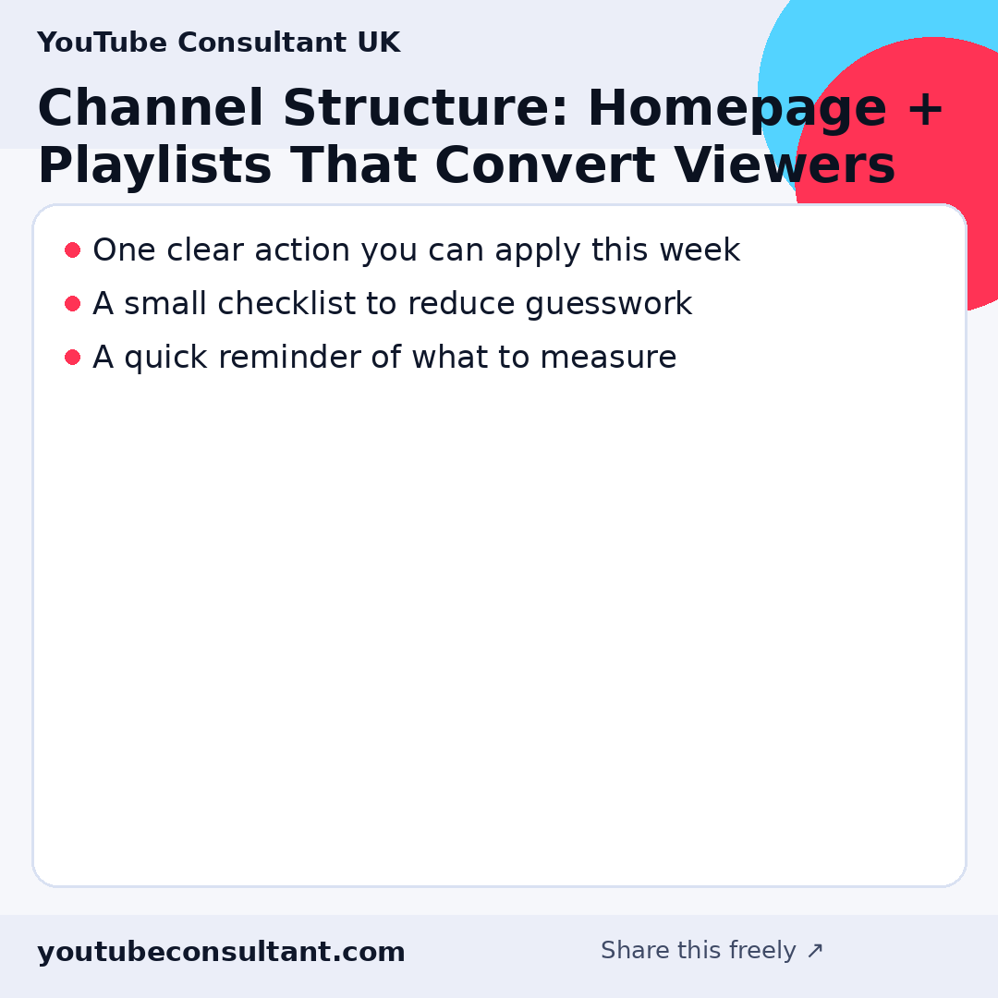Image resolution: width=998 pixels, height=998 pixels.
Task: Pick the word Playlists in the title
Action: tap(154, 167)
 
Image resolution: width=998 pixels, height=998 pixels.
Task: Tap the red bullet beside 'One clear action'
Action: tap(72, 250)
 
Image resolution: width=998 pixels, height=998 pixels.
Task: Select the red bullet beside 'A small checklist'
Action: tap(72, 304)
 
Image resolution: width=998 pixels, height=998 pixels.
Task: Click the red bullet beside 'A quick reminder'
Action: tap(72, 358)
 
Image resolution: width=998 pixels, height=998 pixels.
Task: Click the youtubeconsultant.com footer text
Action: tap(221, 953)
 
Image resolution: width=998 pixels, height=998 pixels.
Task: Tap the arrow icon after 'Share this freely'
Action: tap(814, 951)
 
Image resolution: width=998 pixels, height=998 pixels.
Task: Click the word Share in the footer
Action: tap(635, 951)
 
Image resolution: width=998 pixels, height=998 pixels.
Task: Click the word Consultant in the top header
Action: tap(262, 43)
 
